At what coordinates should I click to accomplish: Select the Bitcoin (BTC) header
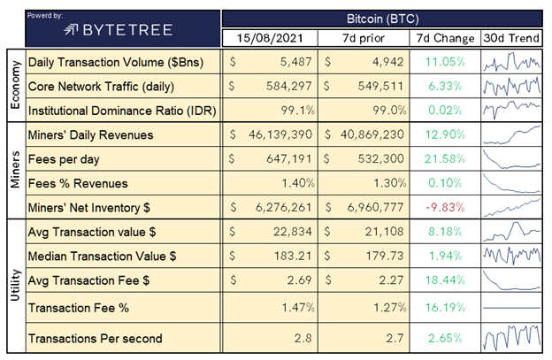coord(381,17)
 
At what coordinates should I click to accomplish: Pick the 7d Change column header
coord(444,39)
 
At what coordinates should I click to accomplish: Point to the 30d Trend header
coord(513,39)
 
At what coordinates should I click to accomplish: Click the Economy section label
coord(14,86)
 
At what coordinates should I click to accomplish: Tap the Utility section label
coord(14,287)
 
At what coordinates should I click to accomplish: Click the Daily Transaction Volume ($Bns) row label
coord(113,64)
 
